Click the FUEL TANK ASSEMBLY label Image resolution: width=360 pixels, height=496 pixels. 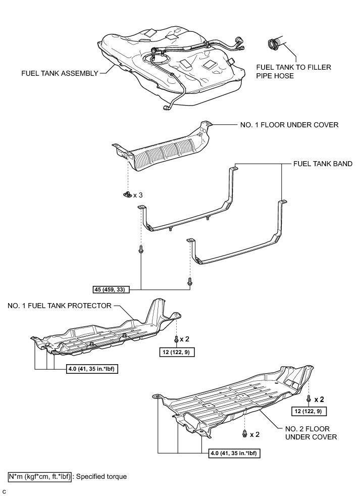(60, 73)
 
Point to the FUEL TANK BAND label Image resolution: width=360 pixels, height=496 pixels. (323, 164)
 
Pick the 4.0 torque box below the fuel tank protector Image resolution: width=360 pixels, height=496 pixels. (93, 368)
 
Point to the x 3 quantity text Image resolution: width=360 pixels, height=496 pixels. (138, 194)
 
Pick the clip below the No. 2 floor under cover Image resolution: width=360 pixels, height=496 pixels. (244, 433)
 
